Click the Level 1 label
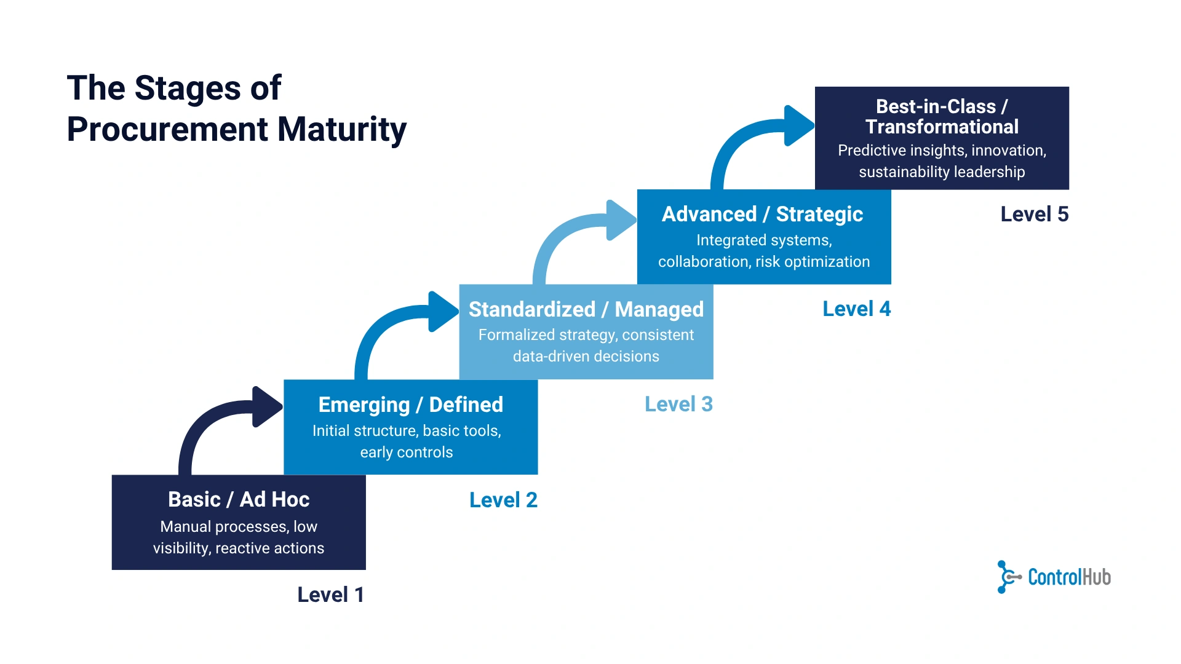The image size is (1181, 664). [x=330, y=595]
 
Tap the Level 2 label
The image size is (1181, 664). [x=503, y=500]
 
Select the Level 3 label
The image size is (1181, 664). [x=678, y=404]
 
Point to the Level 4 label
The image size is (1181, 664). [x=856, y=309]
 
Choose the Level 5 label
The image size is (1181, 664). [x=1034, y=214]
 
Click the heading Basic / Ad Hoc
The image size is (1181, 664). [x=239, y=499]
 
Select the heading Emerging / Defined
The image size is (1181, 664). [x=410, y=405]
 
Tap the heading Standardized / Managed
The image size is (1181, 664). [x=586, y=309]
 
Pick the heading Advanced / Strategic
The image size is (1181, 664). [x=762, y=214]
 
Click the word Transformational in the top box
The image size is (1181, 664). [x=942, y=127]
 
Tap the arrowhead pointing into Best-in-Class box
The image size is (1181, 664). [x=798, y=125]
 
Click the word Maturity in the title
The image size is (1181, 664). [x=341, y=129]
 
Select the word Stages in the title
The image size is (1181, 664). [x=188, y=88]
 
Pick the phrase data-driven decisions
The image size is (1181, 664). [x=586, y=357]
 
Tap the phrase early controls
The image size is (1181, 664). [x=406, y=453]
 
